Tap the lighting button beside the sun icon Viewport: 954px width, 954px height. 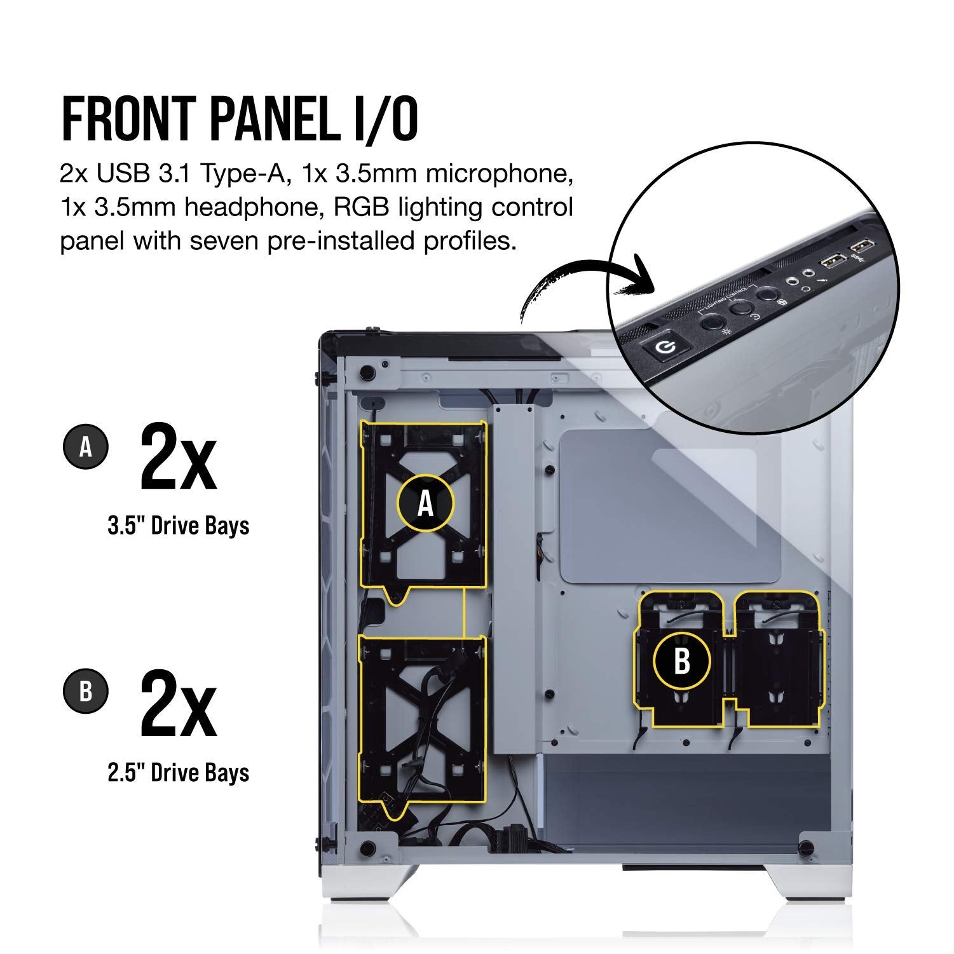click(x=712, y=320)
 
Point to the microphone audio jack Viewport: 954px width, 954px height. click(x=793, y=279)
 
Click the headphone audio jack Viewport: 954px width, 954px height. click(x=808, y=271)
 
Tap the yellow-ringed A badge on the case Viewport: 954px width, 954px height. click(x=425, y=503)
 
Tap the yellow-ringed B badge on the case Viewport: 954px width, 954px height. click(x=681, y=661)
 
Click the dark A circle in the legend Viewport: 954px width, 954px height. click(x=86, y=447)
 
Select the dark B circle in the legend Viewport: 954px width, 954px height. click(x=86, y=692)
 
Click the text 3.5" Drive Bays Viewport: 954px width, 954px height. click(x=179, y=526)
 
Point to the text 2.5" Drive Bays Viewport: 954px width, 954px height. click(x=179, y=772)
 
